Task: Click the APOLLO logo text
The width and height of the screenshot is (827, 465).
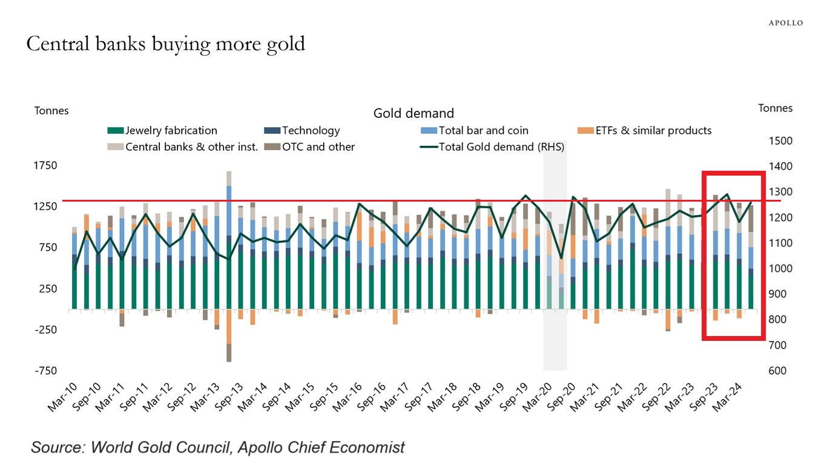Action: [786, 23]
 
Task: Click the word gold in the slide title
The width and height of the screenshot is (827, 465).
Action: [284, 44]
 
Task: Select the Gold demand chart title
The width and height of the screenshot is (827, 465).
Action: [413, 113]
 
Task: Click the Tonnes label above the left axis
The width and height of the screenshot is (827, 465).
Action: [51, 111]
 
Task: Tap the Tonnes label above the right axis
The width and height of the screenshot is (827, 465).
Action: [775, 108]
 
